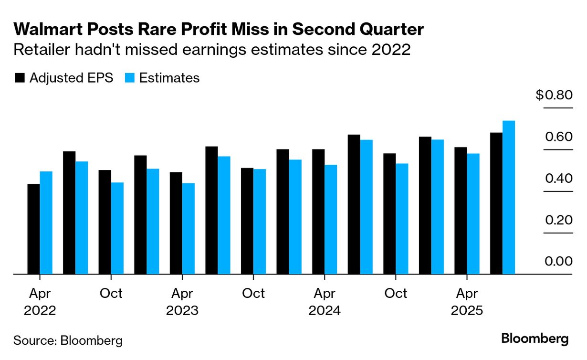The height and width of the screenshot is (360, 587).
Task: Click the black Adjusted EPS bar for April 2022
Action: (x=33, y=229)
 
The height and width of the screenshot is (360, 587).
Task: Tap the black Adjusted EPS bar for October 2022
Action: (x=105, y=222)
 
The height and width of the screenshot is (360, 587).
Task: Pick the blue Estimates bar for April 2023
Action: (x=188, y=229)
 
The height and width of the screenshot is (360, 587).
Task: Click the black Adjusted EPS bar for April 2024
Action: (x=318, y=212)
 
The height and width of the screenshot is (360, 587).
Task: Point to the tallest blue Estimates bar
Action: (x=509, y=198)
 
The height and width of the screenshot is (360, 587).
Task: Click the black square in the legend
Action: (x=20, y=78)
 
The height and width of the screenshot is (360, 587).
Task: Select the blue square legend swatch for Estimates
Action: (x=129, y=78)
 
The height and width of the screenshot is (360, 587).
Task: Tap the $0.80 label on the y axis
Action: (x=554, y=95)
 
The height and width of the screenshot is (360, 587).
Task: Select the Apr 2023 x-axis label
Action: (x=182, y=302)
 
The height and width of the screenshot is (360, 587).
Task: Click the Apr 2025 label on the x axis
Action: (x=467, y=302)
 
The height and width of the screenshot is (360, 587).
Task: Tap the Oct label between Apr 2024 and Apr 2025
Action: (x=396, y=293)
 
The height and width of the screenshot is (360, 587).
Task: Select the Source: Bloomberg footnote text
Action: (x=68, y=340)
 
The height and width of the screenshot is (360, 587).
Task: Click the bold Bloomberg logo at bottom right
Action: (x=535, y=339)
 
